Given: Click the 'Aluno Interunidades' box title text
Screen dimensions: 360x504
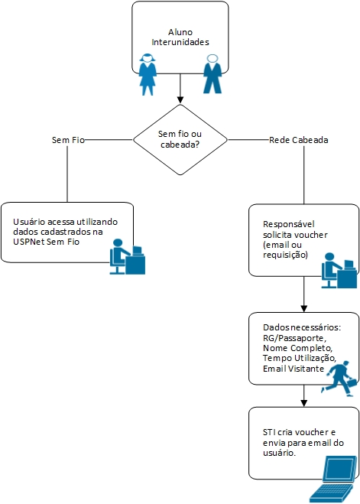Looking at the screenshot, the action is tap(180, 37).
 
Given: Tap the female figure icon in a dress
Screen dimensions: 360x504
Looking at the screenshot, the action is tap(148, 74).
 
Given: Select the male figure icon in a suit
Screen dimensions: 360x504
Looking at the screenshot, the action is tap(212, 74).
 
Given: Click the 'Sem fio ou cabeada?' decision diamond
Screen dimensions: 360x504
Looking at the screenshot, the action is tap(180, 140).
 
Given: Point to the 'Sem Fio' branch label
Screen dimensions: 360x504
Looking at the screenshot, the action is tap(68, 140).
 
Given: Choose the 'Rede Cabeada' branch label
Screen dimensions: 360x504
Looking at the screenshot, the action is tap(299, 140).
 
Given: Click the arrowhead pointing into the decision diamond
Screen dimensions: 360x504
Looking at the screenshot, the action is tap(180, 100).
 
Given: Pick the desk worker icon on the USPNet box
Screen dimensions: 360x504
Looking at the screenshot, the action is tap(127, 256).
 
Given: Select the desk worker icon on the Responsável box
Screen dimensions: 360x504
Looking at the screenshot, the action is tap(339, 270).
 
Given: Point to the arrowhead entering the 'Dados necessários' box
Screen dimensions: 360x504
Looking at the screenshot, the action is tap(303, 308).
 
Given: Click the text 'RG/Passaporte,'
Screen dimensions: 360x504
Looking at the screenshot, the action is tap(294, 338).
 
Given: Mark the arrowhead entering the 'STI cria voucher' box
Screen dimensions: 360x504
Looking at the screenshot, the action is tap(303, 403).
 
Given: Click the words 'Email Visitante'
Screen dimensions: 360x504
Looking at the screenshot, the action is tap(294, 369).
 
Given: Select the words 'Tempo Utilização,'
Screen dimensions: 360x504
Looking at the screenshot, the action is tap(300, 359).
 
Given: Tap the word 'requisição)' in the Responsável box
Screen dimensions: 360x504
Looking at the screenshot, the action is tap(285, 255).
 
